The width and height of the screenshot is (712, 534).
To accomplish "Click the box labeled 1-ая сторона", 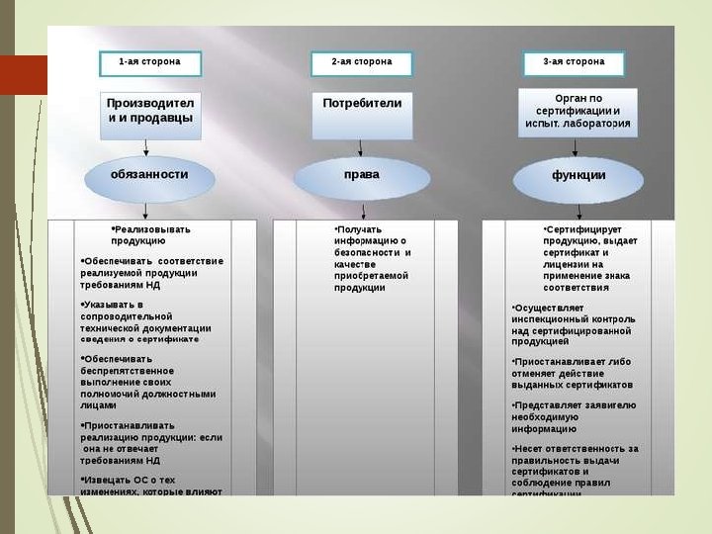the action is (x=149, y=63).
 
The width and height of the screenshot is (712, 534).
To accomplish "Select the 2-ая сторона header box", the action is (x=361, y=63).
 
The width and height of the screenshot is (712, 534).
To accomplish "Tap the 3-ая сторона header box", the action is (x=574, y=63).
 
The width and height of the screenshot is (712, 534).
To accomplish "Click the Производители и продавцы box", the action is (x=149, y=111).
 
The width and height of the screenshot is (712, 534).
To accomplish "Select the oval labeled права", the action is (x=362, y=176).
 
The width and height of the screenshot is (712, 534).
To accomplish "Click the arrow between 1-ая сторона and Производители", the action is (x=149, y=84).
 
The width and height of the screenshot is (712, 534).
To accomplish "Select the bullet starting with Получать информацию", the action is (x=372, y=258).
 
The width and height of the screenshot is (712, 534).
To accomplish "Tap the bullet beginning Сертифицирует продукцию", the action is (x=590, y=258).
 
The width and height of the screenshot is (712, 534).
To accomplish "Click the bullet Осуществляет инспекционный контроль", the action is (x=574, y=324).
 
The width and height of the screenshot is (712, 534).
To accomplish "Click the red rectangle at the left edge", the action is (x=23, y=75).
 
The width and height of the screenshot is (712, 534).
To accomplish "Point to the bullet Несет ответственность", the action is (x=576, y=465).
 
